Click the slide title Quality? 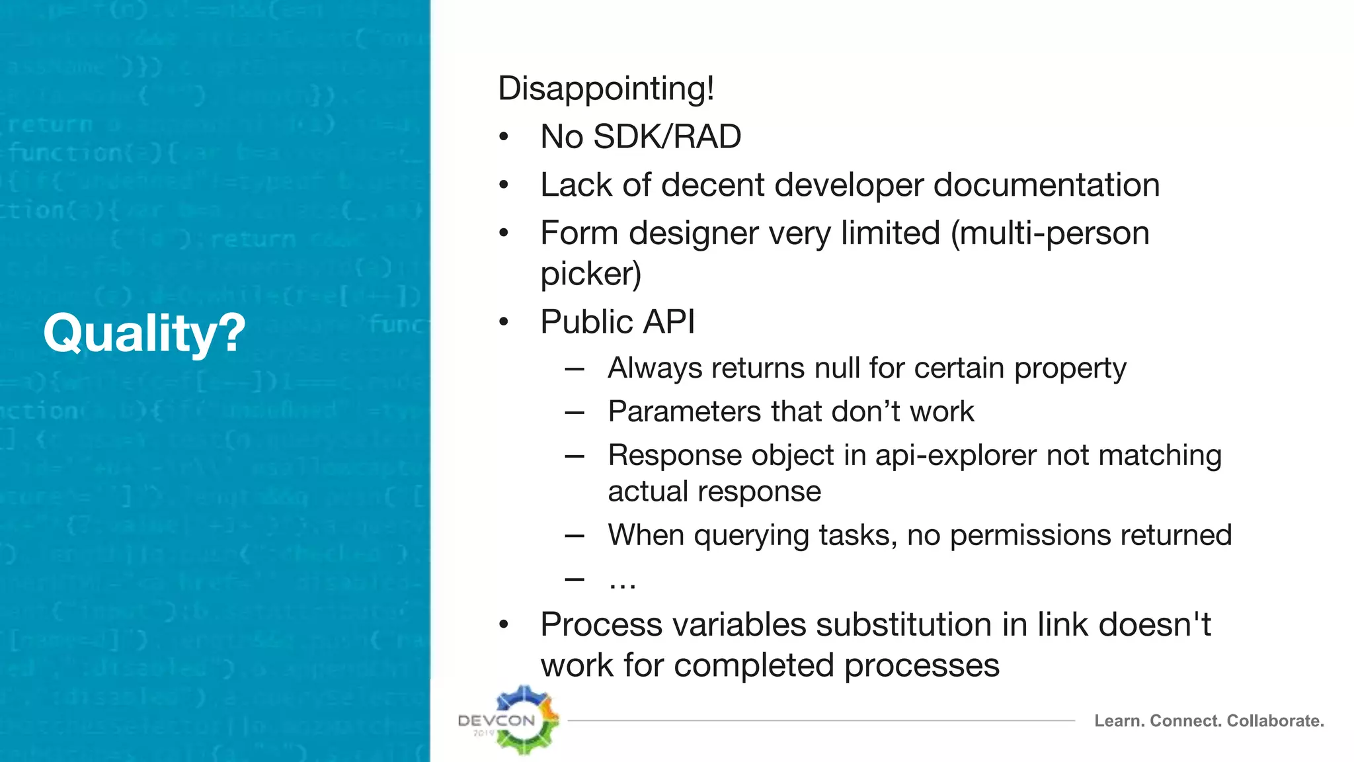[x=144, y=333]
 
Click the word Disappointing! [x=606, y=89]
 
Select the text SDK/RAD [x=667, y=137]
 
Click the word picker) [x=590, y=274]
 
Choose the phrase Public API [x=617, y=322]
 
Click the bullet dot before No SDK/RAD [x=504, y=137]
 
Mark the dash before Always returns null [x=575, y=368]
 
